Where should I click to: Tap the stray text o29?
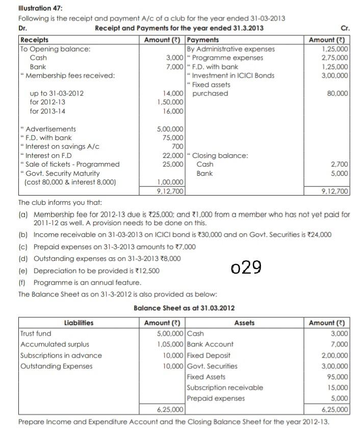coord(246,266)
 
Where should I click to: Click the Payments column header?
coord(203,40)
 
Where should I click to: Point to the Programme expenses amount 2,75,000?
coord(336,58)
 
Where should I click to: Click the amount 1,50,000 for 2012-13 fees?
coord(172,102)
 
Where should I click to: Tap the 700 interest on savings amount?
coord(177,146)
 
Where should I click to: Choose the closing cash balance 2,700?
coord(340,164)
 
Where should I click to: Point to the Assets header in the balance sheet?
coord(244,323)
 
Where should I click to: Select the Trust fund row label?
coord(36,333)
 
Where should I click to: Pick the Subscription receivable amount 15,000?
coord(338,387)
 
